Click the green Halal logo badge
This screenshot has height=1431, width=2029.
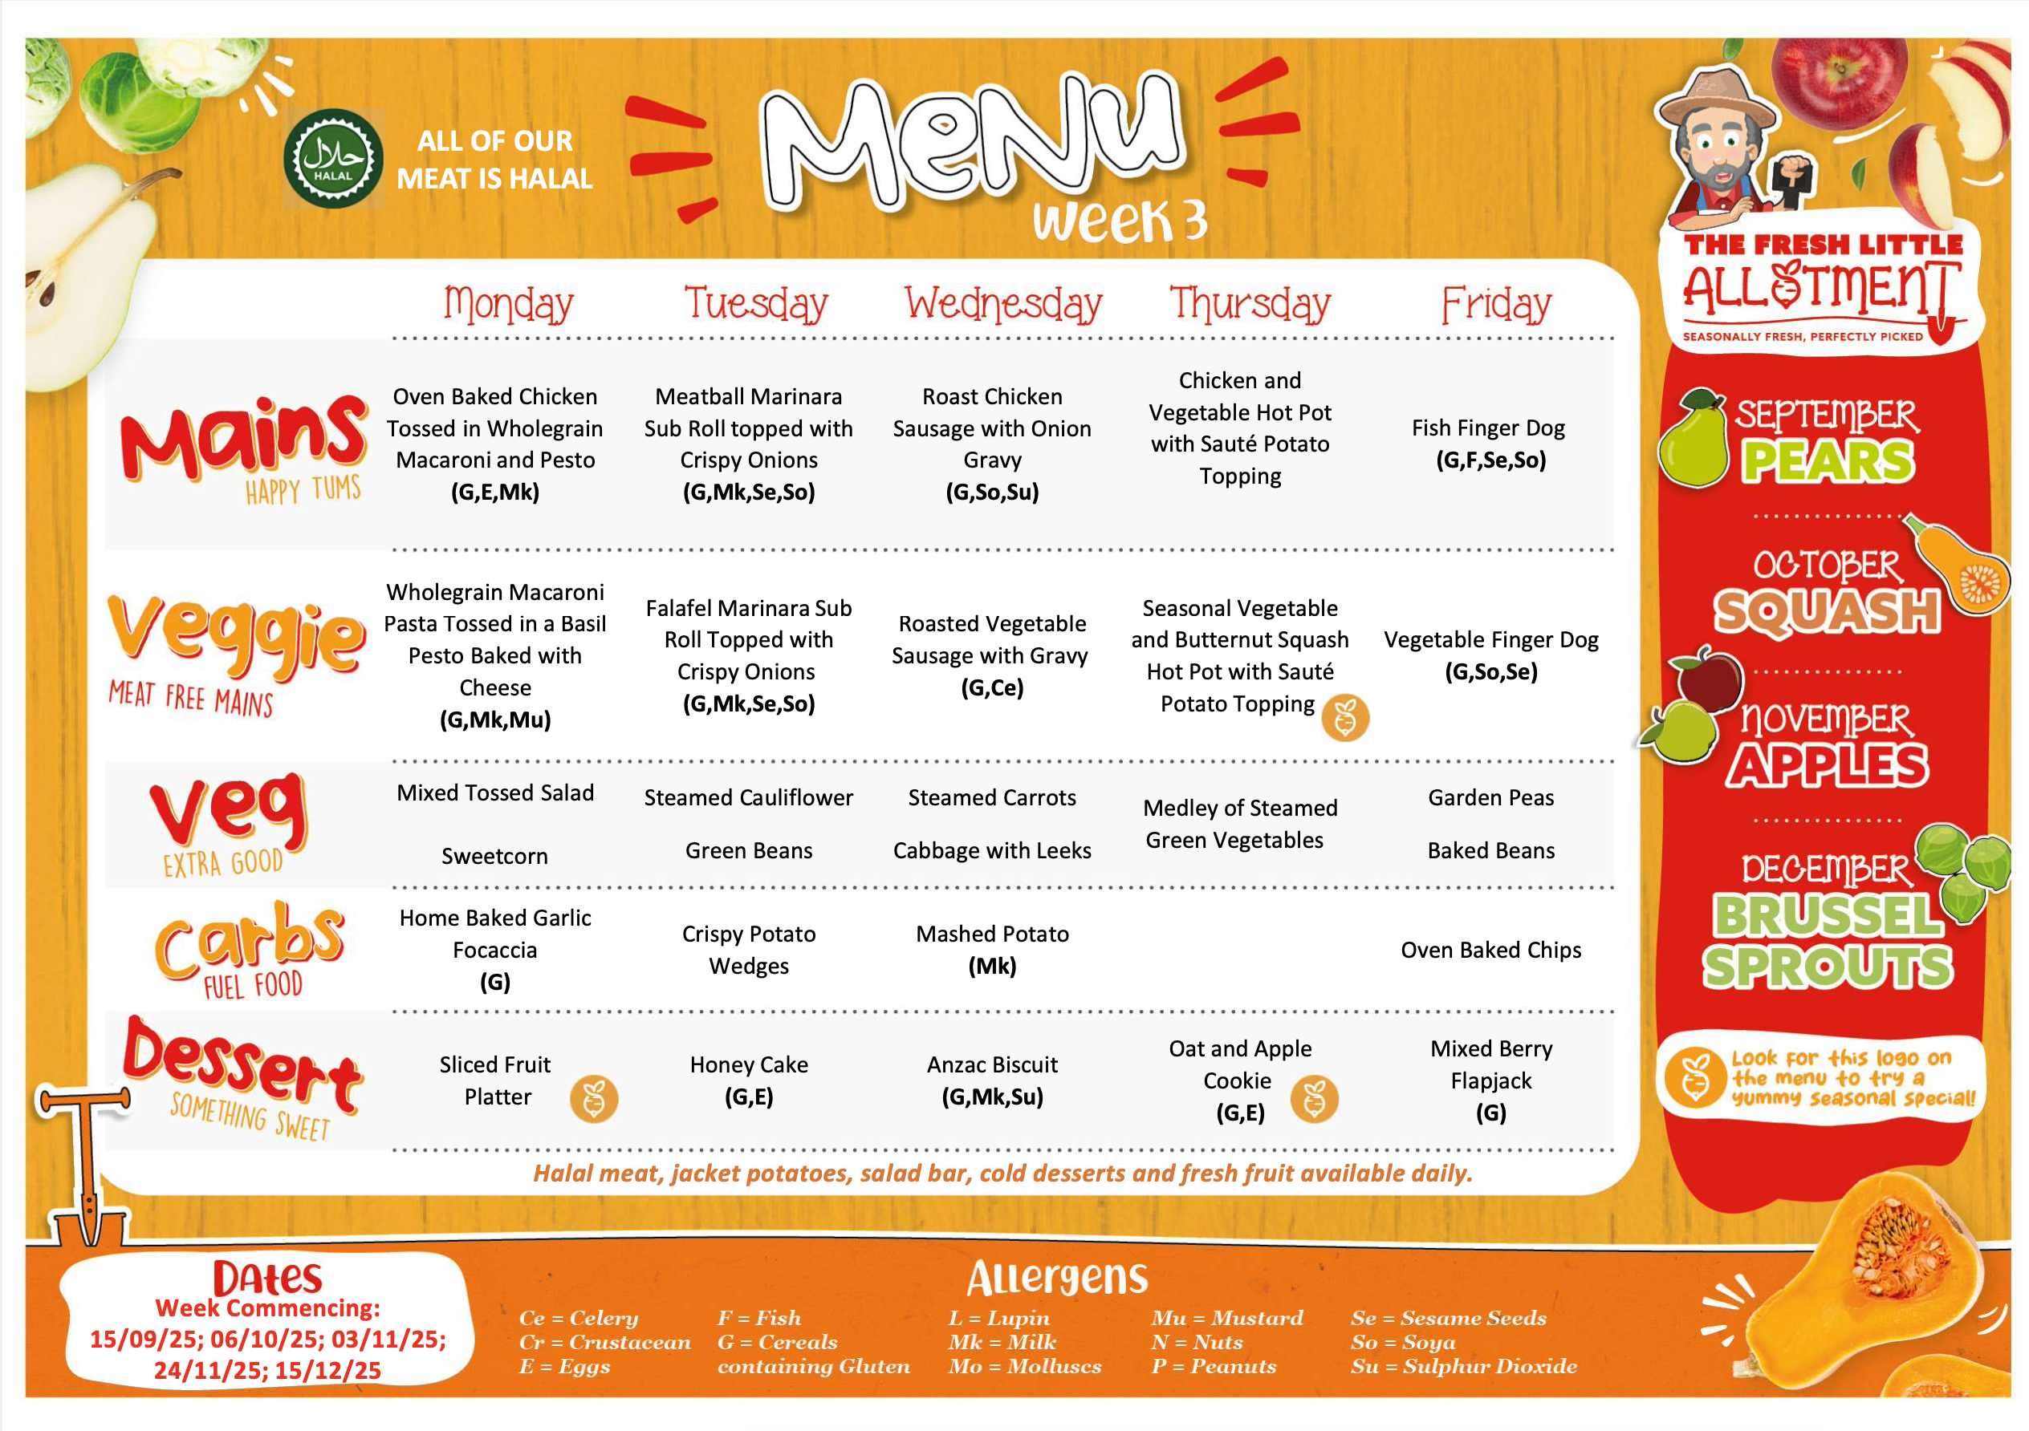pos(333,159)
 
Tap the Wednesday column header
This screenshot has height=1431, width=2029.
pos(1003,304)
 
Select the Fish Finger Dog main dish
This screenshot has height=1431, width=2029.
pos(1489,428)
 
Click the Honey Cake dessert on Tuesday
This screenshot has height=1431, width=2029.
pos(749,1065)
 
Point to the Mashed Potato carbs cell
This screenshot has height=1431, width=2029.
pos(992,934)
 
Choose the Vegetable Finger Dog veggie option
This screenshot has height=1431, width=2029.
pos(1490,640)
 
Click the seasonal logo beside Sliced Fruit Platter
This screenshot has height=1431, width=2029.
pos(594,1099)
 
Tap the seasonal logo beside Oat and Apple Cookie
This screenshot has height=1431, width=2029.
pos(1314,1099)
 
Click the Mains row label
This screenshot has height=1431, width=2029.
pos(244,442)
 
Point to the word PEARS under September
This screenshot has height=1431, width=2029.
pos(1828,461)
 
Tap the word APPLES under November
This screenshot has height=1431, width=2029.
pos(1827,765)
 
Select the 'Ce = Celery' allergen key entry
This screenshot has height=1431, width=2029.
pos(579,1318)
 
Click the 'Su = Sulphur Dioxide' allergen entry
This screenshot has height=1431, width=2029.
pos(1463,1367)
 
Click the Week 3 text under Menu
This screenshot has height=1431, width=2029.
pos(1119,221)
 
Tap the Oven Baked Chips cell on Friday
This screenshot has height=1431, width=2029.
pos(1490,951)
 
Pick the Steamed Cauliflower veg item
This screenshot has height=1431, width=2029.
pos(749,797)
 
